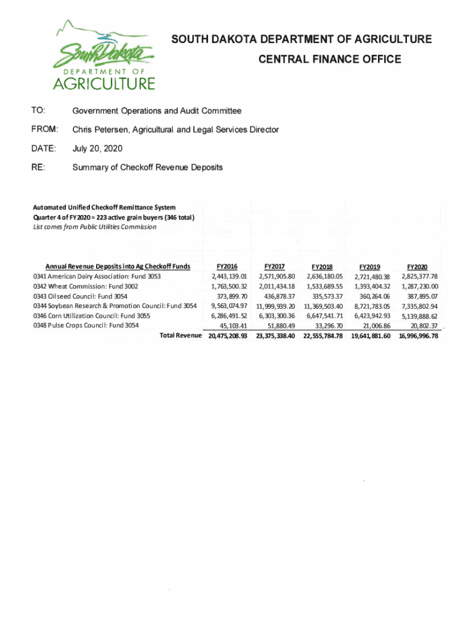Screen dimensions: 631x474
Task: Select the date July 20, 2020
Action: tap(97, 149)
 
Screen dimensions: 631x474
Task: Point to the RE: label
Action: tap(38, 167)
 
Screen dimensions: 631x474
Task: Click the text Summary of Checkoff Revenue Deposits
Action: tap(147, 167)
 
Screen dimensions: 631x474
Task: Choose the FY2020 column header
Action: tap(417, 267)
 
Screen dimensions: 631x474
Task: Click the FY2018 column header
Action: tap(323, 267)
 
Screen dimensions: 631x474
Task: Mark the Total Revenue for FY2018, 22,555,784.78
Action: tap(323, 336)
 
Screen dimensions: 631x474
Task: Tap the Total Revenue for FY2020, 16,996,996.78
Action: tap(418, 336)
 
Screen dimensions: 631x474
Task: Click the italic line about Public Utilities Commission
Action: tap(94, 227)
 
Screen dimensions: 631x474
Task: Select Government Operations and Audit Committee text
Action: tap(156, 111)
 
